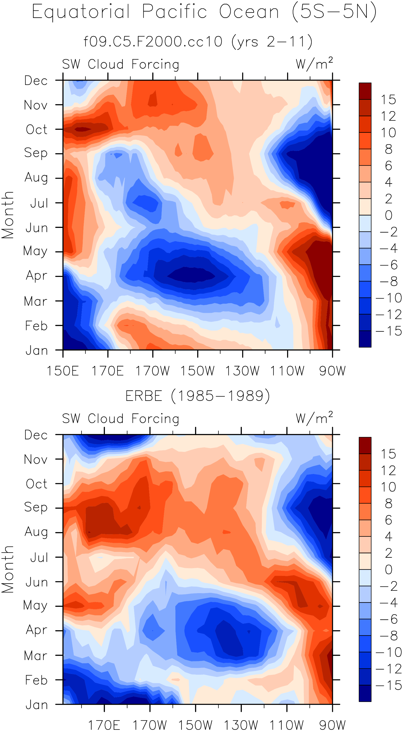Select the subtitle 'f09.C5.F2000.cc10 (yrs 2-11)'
click(198, 42)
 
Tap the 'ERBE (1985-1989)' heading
click(198, 396)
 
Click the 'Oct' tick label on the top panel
click(37, 130)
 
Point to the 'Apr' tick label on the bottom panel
click(37, 630)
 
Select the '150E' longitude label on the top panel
click(63, 371)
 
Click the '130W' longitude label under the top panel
click(242, 371)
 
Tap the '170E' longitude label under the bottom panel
click(104, 725)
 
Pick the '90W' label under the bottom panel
click(332, 725)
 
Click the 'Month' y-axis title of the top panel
click(8, 215)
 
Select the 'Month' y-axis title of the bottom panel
click(8, 569)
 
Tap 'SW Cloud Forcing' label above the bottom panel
click(121, 419)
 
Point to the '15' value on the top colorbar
click(388, 100)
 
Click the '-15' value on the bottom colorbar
click(388, 685)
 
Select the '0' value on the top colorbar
click(388, 215)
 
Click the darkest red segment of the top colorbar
click(365, 91)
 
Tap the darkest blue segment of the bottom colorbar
click(365, 693)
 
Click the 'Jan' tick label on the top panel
click(37, 351)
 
